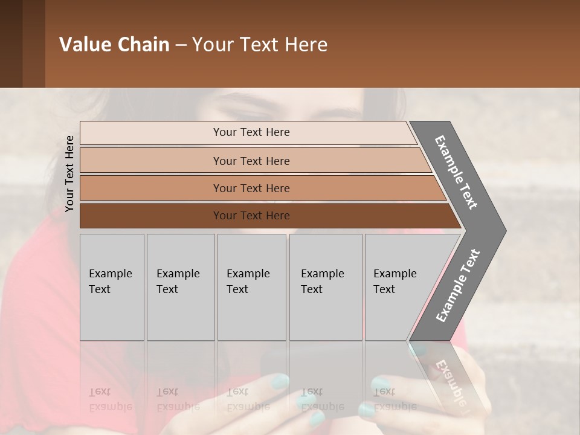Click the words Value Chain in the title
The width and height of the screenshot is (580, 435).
pyautogui.click(x=114, y=45)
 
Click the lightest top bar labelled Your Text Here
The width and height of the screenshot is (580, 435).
pyautogui.click(x=251, y=132)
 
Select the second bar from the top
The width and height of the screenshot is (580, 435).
pyautogui.click(x=251, y=161)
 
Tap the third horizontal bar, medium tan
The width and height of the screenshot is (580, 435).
pyautogui.click(x=251, y=188)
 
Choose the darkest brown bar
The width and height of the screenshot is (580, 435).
pyautogui.click(x=251, y=216)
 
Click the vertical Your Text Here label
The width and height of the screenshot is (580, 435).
pyautogui.click(x=69, y=173)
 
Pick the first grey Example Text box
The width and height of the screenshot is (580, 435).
pyautogui.click(x=112, y=287)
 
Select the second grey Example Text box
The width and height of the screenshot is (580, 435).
pyautogui.click(x=180, y=287)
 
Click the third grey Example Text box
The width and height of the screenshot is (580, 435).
pyautogui.click(x=251, y=287)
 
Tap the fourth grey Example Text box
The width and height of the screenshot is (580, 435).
pyautogui.click(x=326, y=287)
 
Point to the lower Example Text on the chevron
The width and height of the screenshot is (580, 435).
pyautogui.click(x=458, y=285)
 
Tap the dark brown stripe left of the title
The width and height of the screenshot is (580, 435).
pyautogui.click(x=11, y=43)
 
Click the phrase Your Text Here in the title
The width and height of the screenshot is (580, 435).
pyautogui.click(x=260, y=45)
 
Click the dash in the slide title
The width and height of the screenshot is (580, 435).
pyautogui.click(x=181, y=45)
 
